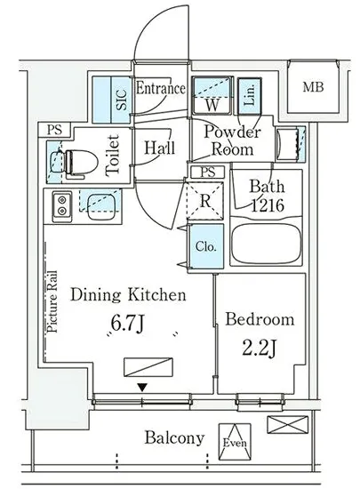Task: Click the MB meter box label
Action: (x=313, y=87)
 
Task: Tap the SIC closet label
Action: (x=122, y=100)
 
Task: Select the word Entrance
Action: (x=161, y=88)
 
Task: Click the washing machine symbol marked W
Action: (x=212, y=96)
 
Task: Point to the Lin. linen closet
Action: (x=250, y=96)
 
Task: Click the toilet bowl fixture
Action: (x=81, y=162)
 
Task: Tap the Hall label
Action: (x=159, y=148)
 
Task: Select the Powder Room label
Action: (x=232, y=140)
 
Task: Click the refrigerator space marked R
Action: (x=204, y=201)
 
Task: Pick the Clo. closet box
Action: (x=206, y=246)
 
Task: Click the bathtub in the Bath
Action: (x=266, y=243)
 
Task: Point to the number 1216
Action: (x=268, y=205)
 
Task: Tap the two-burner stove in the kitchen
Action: (x=62, y=204)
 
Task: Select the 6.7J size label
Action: (x=127, y=324)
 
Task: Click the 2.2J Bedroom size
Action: (x=259, y=348)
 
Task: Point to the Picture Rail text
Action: (x=52, y=301)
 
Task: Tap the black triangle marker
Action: (x=142, y=388)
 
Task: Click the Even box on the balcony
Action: (x=235, y=442)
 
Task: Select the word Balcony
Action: (x=174, y=439)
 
